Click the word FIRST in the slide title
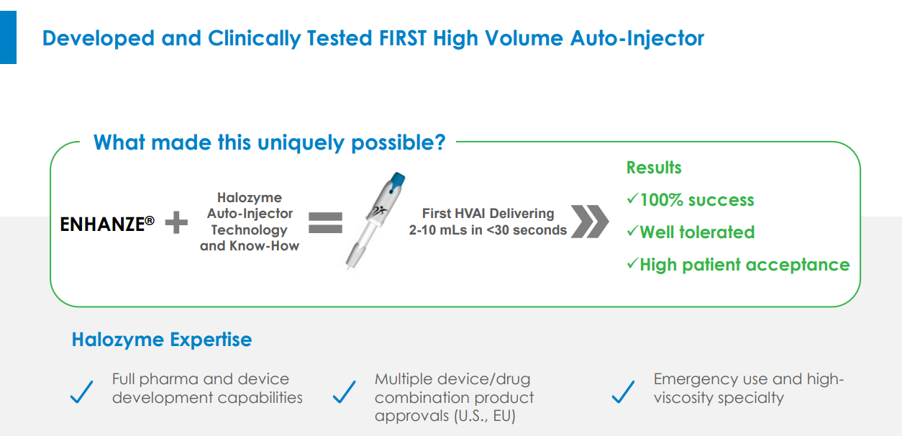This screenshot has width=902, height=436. click(x=403, y=39)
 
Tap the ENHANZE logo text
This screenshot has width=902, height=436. click(x=107, y=224)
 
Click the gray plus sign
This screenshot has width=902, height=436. click(x=176, y=222)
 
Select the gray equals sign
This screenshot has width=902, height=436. click(x=325, y=223)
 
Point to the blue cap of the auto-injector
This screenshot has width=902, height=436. click(x=397, y=181)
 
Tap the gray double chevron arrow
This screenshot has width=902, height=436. click(x=590, y=222)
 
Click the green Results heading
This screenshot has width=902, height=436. click(x=654, y=168)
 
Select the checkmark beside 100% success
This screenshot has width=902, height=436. click(x=632, y=199)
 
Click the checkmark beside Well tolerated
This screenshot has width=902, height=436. click(x=632, y=231)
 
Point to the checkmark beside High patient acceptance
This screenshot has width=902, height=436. click(x=632, y=263)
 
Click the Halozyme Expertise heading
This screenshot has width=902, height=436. click(x=162, y=340)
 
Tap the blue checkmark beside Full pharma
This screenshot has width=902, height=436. click(x=82, y=392)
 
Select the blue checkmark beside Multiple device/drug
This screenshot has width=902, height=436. click(x=345, y=392)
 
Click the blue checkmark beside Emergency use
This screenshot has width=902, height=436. click(x=624, y=392)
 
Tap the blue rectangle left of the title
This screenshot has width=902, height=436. click(x=8, y=37)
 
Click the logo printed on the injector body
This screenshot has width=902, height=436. click(x=379, y=211)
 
